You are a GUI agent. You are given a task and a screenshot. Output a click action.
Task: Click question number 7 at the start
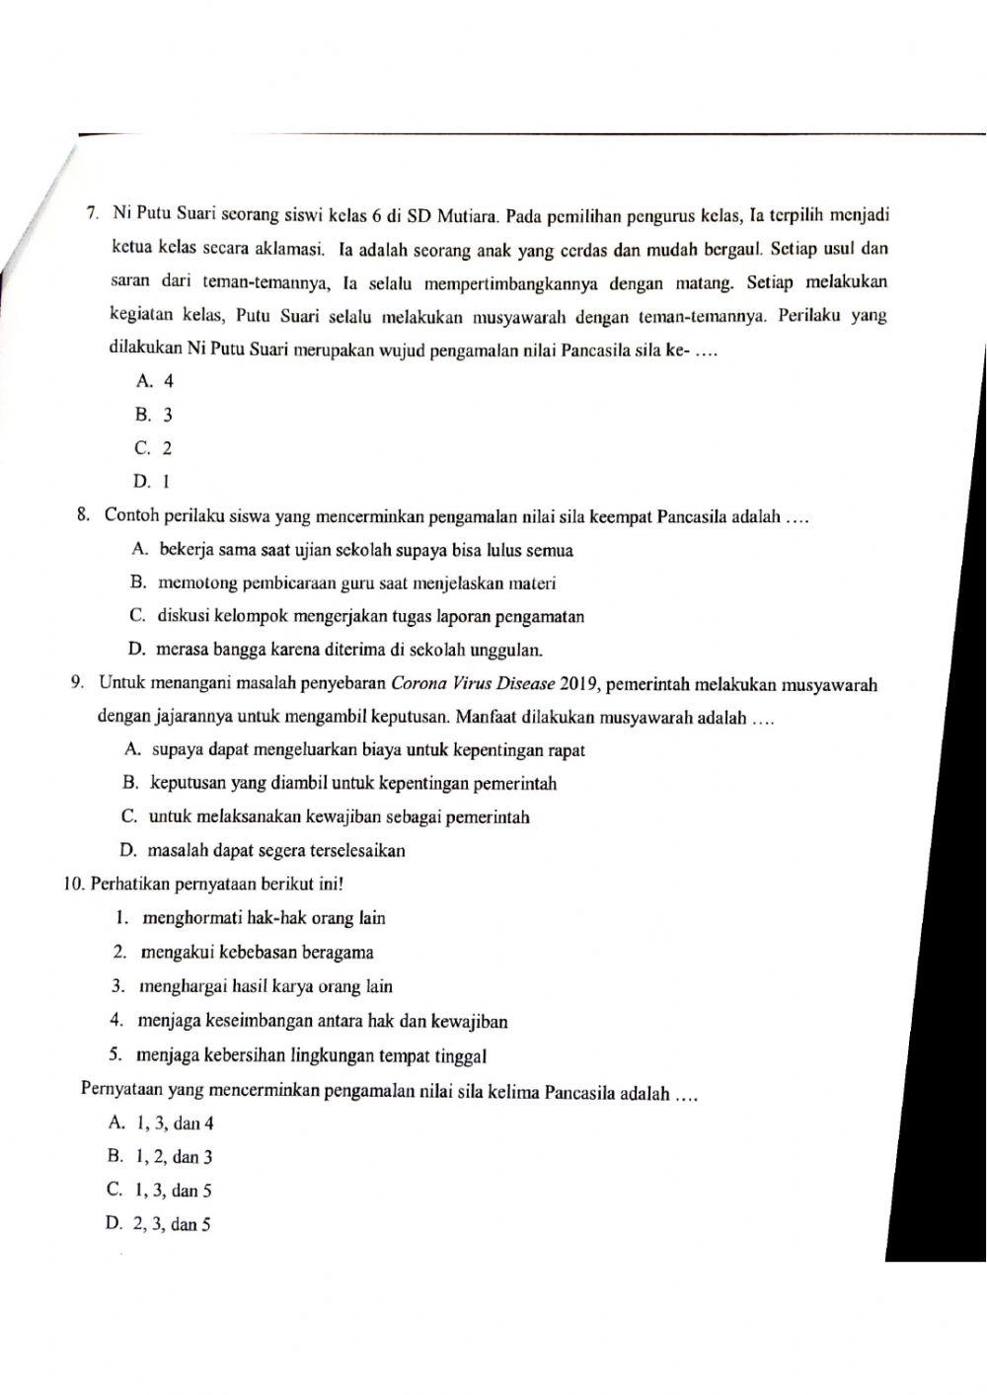[91, 213]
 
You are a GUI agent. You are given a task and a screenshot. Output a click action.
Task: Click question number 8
[84, 515]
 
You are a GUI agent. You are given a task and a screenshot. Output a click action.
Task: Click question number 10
[75, 884]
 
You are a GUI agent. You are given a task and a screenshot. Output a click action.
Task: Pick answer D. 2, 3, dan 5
[158, 1225]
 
